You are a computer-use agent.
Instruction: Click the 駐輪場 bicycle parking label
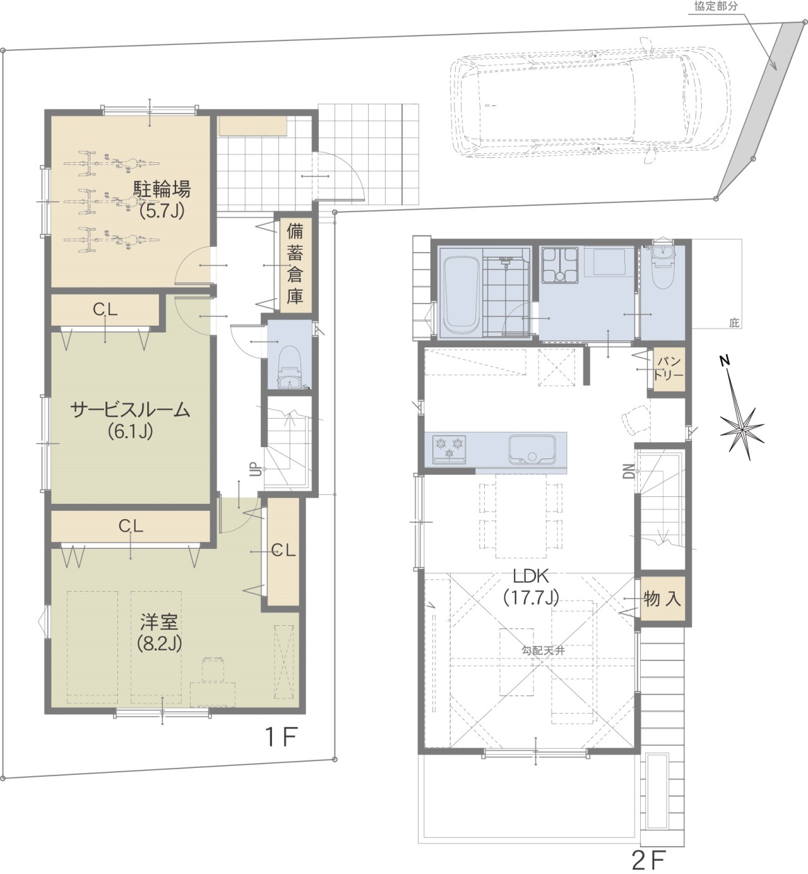coord(162,189)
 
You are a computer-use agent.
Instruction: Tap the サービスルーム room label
coord(130,410)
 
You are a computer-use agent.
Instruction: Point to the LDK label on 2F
coord(530,575)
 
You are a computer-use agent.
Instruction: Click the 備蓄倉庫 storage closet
coord(295,265)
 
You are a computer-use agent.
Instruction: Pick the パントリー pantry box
coord(668,369)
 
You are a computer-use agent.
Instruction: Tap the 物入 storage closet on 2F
coord(662,599)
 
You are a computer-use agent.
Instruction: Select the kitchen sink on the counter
coord(532,450)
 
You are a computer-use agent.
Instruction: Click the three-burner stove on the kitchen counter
coord(449,449)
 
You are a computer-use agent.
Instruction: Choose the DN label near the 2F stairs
coord(629,471)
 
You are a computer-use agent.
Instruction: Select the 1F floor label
coord(282,737)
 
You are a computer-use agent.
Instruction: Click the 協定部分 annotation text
coord(716,6)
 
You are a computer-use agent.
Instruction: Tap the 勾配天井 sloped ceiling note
coord(543,650)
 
